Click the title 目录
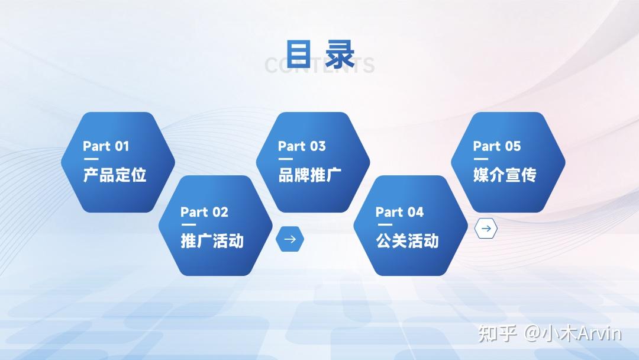tap(320, 54)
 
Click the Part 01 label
tap(106, 146)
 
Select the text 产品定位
tap(114, 175)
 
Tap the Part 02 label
tap(204, 212)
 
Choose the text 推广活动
tap(212, 241)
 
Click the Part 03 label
tap(302, 146)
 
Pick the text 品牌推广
tap(309, 175)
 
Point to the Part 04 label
tap(399, 212)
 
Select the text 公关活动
tap(407, 241)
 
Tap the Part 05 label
tap(497, 146)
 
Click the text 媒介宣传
tap(505, 175)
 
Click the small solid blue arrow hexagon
tap(290, 239)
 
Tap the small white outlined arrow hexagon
tap(486, 229)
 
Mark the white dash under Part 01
tap(91, 159)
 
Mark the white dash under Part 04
tap(383, 225)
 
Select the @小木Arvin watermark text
tap(573, 333)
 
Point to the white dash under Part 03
tap(286, 159)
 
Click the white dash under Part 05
tap(481, 159)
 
